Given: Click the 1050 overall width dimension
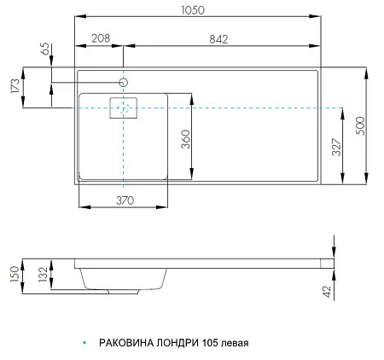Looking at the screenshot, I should tap(197, 9).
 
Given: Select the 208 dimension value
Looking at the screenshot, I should tap(102, 38).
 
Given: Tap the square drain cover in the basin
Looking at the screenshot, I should tap(124, 108).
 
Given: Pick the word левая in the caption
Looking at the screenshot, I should tap(236, 344).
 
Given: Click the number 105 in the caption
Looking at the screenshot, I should tap(210, 344).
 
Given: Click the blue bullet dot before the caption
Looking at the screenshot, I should tap(84, 344).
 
